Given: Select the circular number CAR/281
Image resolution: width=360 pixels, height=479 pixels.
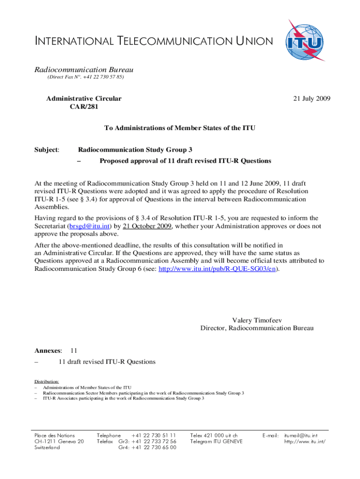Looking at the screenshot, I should pos(84,107).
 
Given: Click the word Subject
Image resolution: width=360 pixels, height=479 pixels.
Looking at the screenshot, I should pos(47,150).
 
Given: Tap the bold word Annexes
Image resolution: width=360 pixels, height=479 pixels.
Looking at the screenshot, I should pos(48,350).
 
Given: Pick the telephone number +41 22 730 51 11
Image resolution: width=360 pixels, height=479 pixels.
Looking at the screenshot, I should pos(154,435).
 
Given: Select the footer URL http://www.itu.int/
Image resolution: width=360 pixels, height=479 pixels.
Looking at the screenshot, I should pos(305,441).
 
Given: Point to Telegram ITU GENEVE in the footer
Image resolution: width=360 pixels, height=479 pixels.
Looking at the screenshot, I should pos(216,441).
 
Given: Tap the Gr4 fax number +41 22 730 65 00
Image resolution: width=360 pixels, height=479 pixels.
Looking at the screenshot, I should pos(154,447).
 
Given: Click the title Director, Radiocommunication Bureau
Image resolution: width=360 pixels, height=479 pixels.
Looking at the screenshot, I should pos(257,328).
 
